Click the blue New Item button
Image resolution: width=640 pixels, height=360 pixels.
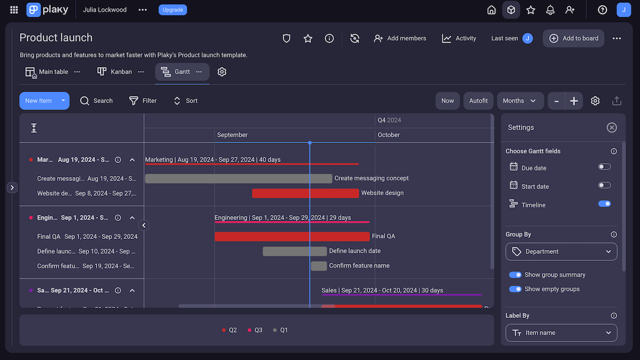38,101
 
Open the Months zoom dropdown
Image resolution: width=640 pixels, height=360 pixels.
519,101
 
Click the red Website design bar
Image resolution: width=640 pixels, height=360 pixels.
305,193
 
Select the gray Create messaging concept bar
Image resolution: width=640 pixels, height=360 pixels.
238,179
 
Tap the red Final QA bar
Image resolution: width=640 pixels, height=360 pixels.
292,236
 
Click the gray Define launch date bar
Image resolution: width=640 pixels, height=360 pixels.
294,251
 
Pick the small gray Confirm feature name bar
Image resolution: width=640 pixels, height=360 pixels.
318,266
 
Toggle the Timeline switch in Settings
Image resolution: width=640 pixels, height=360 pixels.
604,204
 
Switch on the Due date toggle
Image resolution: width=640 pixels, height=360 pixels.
604,167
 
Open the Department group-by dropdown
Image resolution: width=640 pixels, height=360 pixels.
561,252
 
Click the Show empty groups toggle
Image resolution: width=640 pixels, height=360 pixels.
515,289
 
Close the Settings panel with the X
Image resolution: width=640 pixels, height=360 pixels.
612,127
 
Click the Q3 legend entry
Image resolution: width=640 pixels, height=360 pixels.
255,330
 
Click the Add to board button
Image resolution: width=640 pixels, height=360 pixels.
573,38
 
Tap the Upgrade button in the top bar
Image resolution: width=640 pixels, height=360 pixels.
172,10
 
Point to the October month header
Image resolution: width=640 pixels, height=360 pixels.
389,135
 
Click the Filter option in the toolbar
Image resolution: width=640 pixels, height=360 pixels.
143,101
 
